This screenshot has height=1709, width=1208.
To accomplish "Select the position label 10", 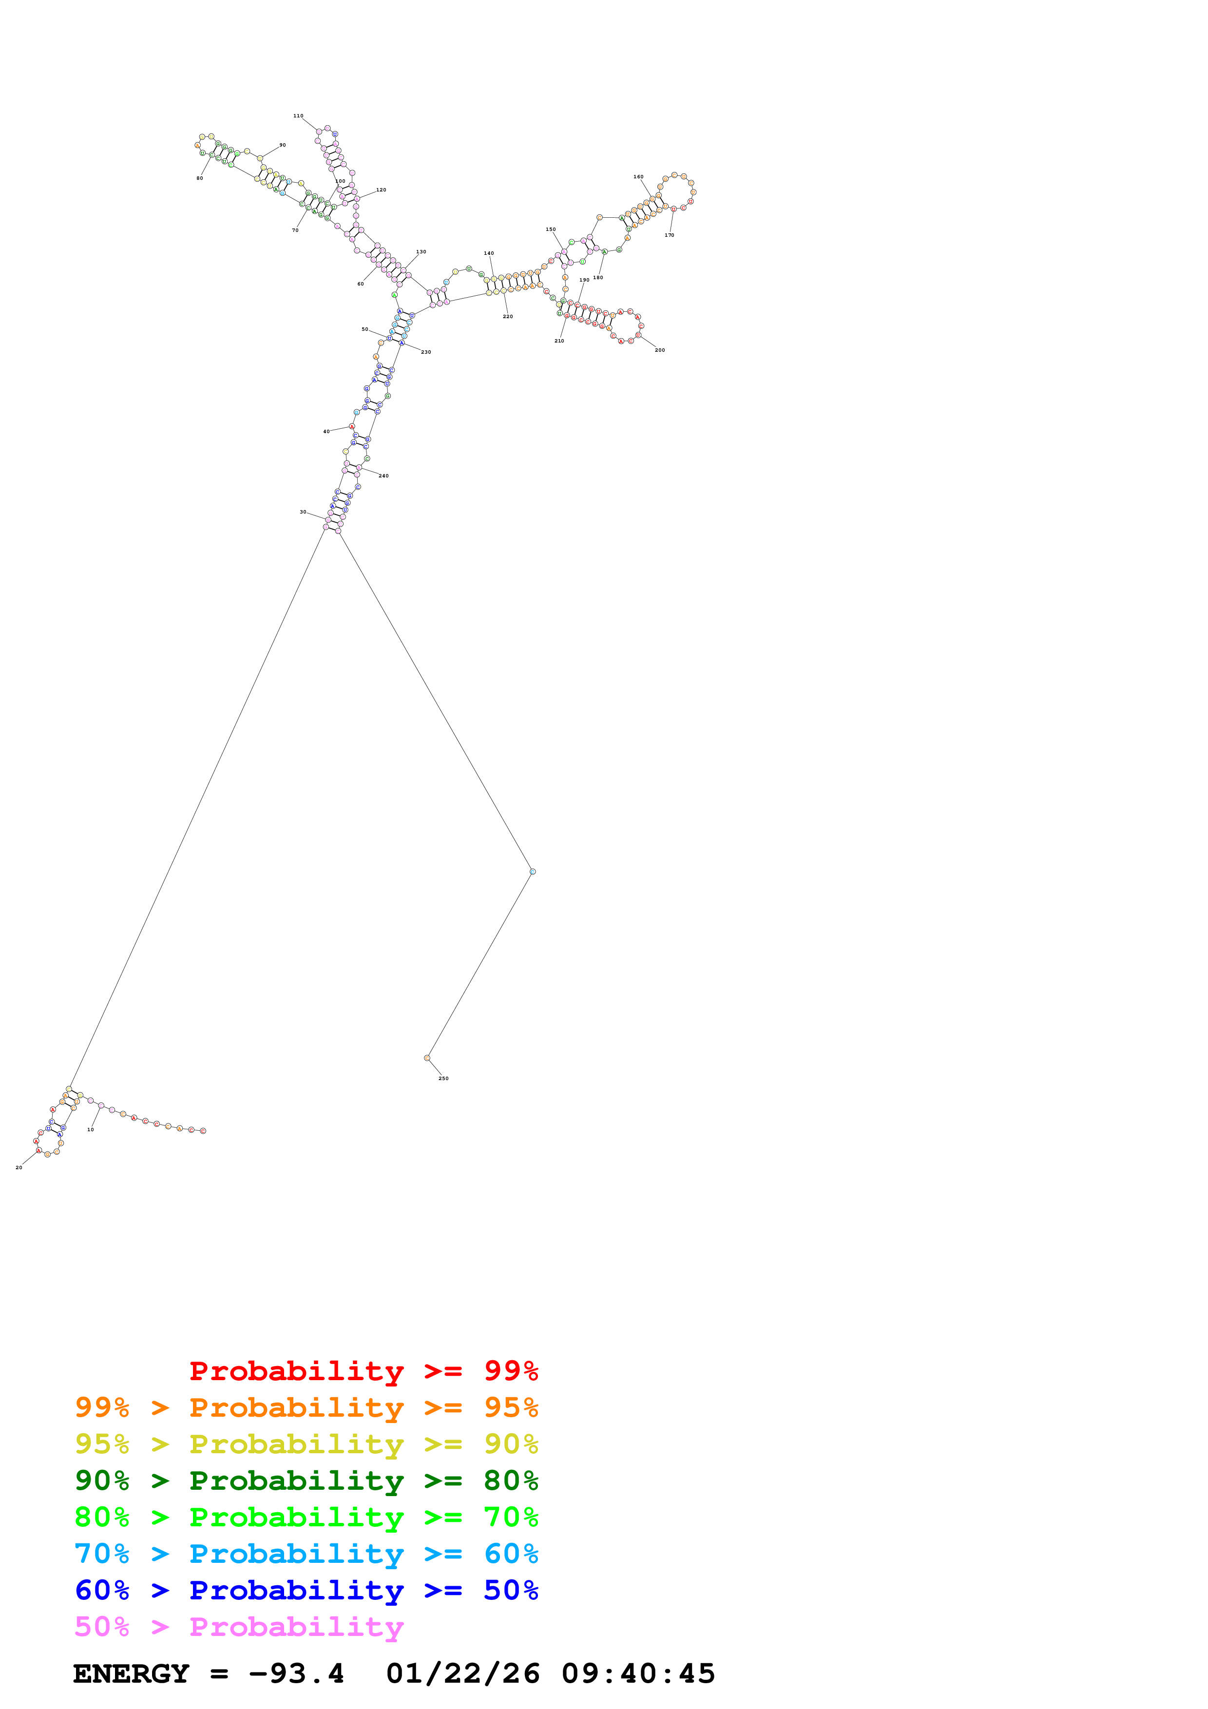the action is click(x=90, y=1129).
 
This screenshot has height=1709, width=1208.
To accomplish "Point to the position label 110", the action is click(x=298, y=116).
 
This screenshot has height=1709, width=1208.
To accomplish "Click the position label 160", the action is click(x=638, y=177).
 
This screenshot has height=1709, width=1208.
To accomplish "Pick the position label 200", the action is click(x=659, y=350).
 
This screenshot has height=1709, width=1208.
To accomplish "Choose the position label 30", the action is click(x=303, y=512).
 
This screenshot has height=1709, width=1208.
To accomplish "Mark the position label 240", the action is click(x=383, y=475).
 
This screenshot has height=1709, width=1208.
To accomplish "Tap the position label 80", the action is click(x=199, y=179).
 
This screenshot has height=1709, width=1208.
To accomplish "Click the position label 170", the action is click(x=669, y=235).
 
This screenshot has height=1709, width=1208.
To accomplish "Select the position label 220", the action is click(x=508, y=316).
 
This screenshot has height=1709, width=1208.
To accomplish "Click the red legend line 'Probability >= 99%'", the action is click(x=363, y=1371).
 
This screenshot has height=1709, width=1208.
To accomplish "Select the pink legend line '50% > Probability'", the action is click(x=239, y=1627).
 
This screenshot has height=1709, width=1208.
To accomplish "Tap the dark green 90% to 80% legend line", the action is click(x=306, y=1481).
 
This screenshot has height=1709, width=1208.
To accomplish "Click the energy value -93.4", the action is click(x=296, y=1674).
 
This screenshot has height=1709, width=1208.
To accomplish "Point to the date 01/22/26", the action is click(x=463, y=1674).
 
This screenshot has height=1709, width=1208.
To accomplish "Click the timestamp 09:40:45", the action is click(x=638, y=1674).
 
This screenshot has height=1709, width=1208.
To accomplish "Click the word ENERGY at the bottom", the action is click(x=131, y=1674).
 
